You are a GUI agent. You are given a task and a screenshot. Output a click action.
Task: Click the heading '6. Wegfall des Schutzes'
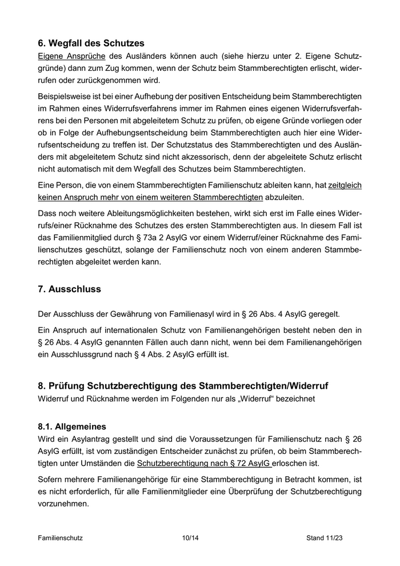coord(91,43)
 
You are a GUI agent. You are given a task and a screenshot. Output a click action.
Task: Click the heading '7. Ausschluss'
coord(69,289)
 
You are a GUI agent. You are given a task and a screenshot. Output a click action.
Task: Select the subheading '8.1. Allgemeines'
coord(72,427)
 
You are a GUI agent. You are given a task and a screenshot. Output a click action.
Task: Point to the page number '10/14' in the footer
coord(190,538)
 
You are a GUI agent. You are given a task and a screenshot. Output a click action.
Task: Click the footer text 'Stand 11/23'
coord(325,538)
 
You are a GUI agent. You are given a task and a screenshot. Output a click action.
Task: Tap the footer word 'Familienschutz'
coord(61,538)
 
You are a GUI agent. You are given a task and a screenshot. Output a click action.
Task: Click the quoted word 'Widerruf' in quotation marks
coord(271,398)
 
